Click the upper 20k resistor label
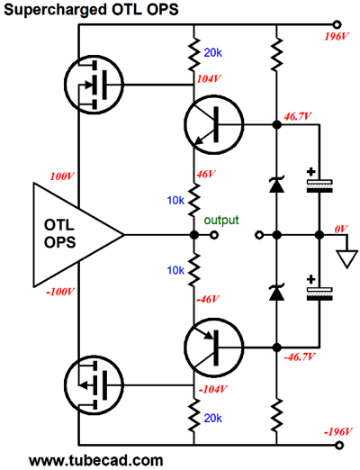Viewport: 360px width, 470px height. pyautogui.click(x=212, y=53)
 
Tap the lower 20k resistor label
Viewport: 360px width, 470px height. pyautogui.click(x=212, y=418)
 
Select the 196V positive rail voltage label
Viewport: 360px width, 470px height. pyautogui.click(x=337, y=37)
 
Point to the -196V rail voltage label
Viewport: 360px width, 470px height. pyautogui.click(x=337, y=432)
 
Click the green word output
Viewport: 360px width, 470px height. pyautogui.click(x=221, y=220)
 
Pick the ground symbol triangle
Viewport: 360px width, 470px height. pyautogui.click(x=347, y=259)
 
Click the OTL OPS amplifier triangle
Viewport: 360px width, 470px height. pyautogui.click(x=78, y=234)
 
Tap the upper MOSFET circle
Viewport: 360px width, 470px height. pyautogui.click(x=94, y=85)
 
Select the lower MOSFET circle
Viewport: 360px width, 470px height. pyautogui.click(x=94, y=385)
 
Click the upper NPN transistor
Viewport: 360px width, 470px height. pyautogui.click(x=214, y=125)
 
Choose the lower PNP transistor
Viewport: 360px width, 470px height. pyautogui.click(x=214, y=348)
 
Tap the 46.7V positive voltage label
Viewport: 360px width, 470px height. pyautogui.click(x=298, y=117)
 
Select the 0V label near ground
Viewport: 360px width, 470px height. pyautogui.click(x=341, y=230)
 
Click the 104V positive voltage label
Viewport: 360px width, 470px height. pyautogui.click(x=209, y=79)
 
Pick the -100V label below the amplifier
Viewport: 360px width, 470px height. pyautogui.click(x=60, y=292)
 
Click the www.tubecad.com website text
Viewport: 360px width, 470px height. pyautogui.click(x=96, y=460)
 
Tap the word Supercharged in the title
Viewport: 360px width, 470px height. pyautogui.click(x=55, y=9)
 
